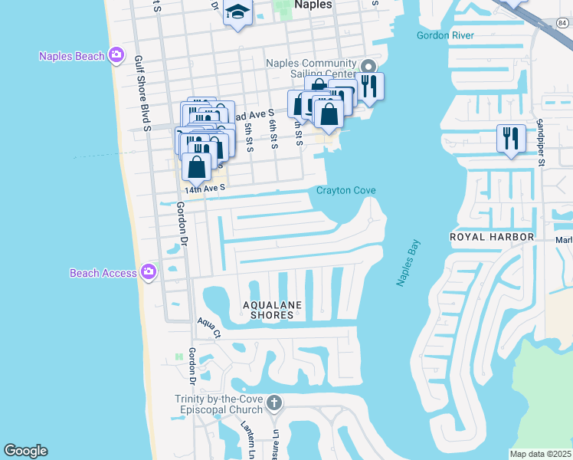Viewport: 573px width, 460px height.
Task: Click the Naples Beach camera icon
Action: tap(116, 54)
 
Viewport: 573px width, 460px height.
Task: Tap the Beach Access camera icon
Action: tap(148, 271)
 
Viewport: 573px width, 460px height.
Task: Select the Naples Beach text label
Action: tap(73, 55)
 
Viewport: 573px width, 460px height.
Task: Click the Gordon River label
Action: tap(445, 35)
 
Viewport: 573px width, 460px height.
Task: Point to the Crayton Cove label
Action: tap(345, 191)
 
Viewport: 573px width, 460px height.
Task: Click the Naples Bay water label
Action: tap(409, 263)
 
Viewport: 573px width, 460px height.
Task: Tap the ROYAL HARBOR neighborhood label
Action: tap(491, 237)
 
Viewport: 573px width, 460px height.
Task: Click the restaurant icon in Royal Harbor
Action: tap(511, 138)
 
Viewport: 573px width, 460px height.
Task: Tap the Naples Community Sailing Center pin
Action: tap(369, 67)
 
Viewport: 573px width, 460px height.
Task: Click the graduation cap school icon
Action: tap(237, 13)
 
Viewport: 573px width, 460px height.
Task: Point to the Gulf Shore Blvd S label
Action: tap(140, 92)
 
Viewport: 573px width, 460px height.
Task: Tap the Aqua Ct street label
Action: tap(208, 327)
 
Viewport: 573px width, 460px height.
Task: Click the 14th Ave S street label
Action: tap(205, 187)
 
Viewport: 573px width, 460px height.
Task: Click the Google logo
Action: tap(25, 451)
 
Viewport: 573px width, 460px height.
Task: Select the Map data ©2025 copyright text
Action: tap(540, 454)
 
